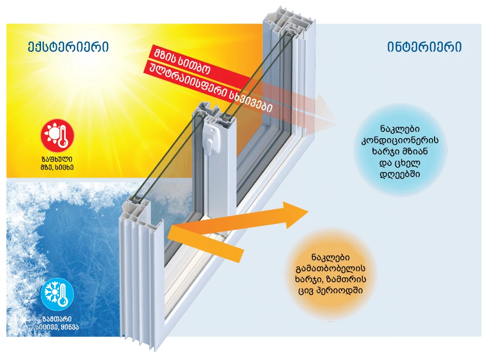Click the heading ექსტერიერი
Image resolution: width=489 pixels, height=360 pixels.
tap(68, 47)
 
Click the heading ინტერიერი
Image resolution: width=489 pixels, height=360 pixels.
tap(424, 47)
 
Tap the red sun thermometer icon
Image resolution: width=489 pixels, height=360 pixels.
tap(57, 135)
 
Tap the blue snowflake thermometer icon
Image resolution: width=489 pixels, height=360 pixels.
tap(57, 294)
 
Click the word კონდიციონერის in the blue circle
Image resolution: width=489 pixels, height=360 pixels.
tap(400, 140)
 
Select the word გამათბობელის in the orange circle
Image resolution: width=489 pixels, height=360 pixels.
tap(330, 268)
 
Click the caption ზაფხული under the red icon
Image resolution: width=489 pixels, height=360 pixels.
tap(57, 159)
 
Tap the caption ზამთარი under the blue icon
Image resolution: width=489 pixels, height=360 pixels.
tap(57, 319)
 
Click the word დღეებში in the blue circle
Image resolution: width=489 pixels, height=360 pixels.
tap(400, 174)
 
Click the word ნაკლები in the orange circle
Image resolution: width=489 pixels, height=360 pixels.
tap(330, 257)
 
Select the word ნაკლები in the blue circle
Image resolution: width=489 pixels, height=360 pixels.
tap(400, 128)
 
